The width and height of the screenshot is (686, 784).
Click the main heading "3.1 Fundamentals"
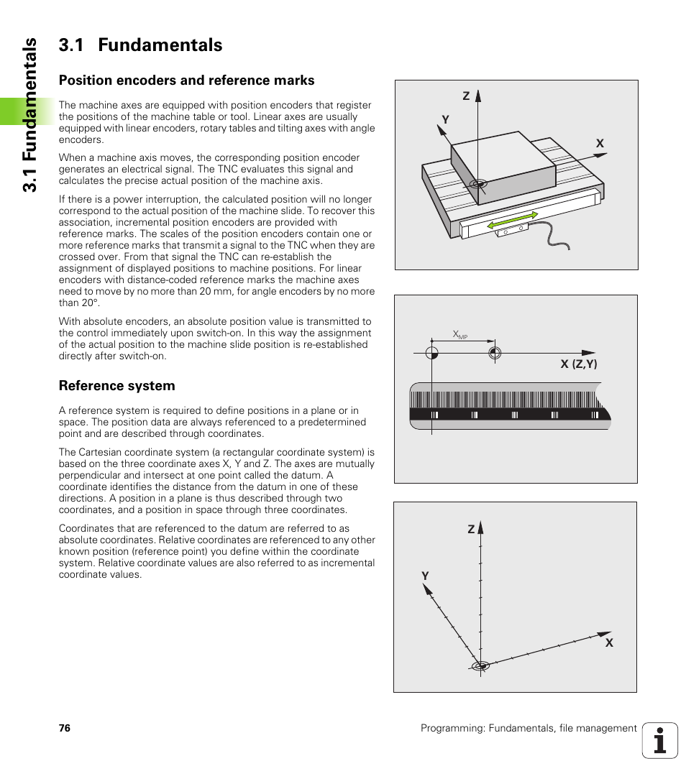(x=140, y=45)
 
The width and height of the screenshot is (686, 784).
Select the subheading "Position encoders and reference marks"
(x=186, y=80)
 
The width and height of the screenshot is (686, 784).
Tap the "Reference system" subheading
(x=116, y=386)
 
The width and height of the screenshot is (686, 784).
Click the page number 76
(x=65, y=728)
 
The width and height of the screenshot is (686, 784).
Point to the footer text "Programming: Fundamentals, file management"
(x=529, y=728)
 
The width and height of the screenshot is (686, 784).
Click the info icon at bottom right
(x=660, y=740)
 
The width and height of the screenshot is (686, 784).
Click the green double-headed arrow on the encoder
(x=513, y=221)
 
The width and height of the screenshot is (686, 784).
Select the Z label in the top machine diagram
(x=466, y=96)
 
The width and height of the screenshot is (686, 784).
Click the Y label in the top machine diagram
(x=445, y=120)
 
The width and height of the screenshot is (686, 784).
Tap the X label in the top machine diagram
(x=599, y=144)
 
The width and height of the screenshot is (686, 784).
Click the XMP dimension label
(x=459, y=335)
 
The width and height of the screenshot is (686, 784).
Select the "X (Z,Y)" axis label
(x=579, y=364)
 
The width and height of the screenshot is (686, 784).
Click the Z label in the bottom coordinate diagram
(x=471, y=529)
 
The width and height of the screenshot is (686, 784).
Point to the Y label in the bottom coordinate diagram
(x=425, y=576)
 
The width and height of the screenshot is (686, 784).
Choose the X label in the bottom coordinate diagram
(x=608, y=643)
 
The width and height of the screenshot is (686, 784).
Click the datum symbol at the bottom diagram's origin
(x=480, y=666)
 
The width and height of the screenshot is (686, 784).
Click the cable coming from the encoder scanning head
(x=554, y=237)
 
